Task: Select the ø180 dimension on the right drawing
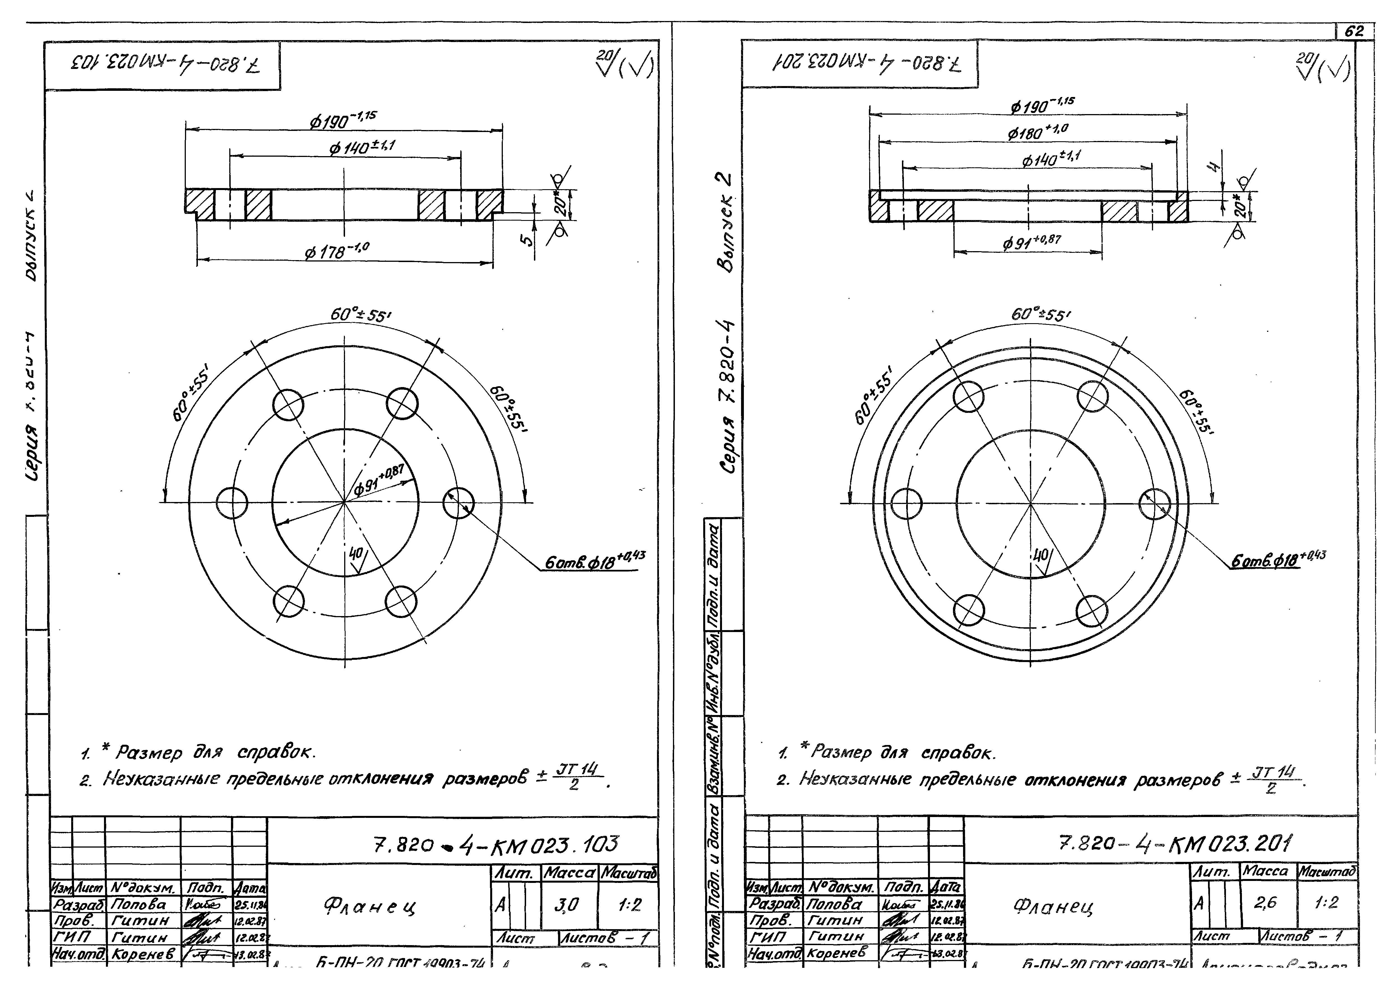pyautogui.click(x=1038, y=131)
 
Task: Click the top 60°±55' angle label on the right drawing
pyautogui.click(x=1040, y=315)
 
